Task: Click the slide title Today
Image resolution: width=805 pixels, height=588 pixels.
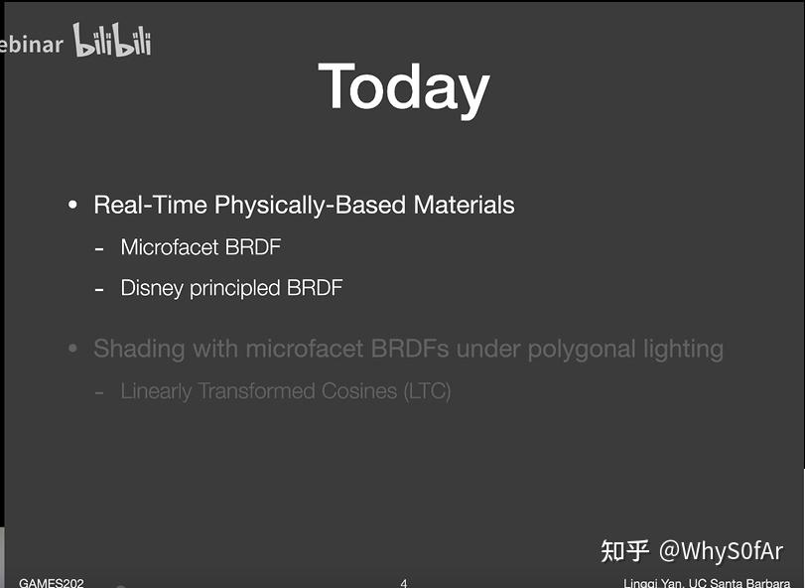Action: click(x=403, y=88)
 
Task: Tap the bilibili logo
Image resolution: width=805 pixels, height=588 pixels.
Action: click(x=112, y=42)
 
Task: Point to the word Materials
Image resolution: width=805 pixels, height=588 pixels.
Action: click(x=465, y=206)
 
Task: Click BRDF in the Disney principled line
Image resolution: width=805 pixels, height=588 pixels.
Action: click(x=315, y=288)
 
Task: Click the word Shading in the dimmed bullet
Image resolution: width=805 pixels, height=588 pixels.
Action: click(x=138, y=350)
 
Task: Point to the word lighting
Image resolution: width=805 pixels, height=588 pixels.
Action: click(x=684, y=350)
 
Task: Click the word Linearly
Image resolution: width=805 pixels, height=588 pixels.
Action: click(x=156, y=391)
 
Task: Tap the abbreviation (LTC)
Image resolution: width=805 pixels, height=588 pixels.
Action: click(x=427, y=391)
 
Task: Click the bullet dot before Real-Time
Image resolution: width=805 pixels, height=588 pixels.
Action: click(x=72, y=206)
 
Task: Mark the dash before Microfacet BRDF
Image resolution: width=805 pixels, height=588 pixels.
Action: click(x=99, y=248)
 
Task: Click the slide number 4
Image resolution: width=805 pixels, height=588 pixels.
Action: click(x=403, y=583)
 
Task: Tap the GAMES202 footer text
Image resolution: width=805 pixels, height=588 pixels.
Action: click(x=52, y=583)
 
